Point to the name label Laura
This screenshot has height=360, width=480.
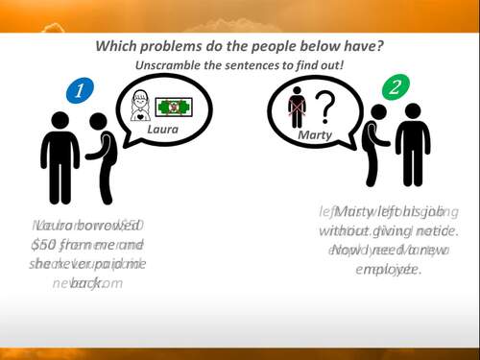[x=162, y=129]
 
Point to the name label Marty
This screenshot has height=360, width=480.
[x=314, y=134]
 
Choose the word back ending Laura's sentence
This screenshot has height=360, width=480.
[x=86, y=282]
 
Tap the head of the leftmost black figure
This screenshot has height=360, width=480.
[x=60, y=121]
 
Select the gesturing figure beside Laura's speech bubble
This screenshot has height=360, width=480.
[x=99, y=154]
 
